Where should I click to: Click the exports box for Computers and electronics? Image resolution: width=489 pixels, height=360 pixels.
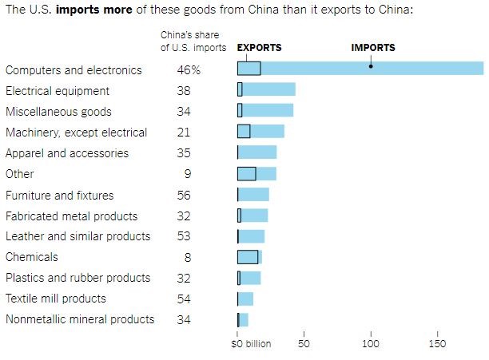[248, 69]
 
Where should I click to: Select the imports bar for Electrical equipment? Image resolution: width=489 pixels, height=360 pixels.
[270, 89]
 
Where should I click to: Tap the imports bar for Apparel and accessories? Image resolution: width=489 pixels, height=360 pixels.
[257, 152]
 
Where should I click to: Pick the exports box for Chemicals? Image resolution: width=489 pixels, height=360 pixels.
[248, 257]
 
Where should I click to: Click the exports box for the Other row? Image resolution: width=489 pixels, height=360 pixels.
[246, 173]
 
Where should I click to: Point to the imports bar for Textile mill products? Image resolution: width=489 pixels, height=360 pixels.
[246, 299]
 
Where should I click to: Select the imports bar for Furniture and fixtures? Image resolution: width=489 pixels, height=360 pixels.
[254, 194]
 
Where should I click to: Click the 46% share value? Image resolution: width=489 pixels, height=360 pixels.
[189, 70]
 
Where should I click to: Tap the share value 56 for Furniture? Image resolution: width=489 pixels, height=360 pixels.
[184, 195]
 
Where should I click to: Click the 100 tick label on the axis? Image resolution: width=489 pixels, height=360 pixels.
[371, 344]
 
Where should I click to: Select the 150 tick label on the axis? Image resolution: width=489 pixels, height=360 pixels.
[437, 344]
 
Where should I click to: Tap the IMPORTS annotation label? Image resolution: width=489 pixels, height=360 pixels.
[373, 48]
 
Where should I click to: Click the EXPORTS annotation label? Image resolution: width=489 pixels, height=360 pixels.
[259, 48]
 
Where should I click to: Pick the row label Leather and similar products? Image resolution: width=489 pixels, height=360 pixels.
[78, 236]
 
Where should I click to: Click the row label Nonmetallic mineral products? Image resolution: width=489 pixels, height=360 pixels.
[80, 319]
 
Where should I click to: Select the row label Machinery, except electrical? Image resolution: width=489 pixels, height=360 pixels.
[76, 133]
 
